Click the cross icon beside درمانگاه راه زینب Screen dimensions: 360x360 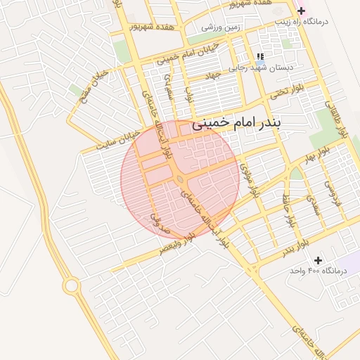tap(302, 11)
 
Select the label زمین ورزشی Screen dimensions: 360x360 tap(221, 27)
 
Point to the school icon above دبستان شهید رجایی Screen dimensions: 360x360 tap(260, 57)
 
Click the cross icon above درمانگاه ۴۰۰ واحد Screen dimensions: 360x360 tap(319, 260)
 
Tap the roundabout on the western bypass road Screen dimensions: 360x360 tap(70, 285)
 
